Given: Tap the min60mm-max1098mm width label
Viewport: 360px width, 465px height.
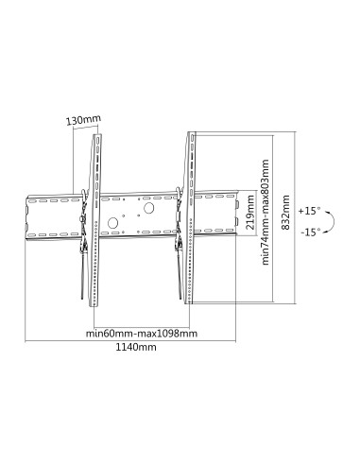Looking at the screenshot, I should [141, 334].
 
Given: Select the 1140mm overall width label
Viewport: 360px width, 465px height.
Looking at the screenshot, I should [134, 347].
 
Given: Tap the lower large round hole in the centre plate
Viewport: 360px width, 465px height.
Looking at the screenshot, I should [113, 225].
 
